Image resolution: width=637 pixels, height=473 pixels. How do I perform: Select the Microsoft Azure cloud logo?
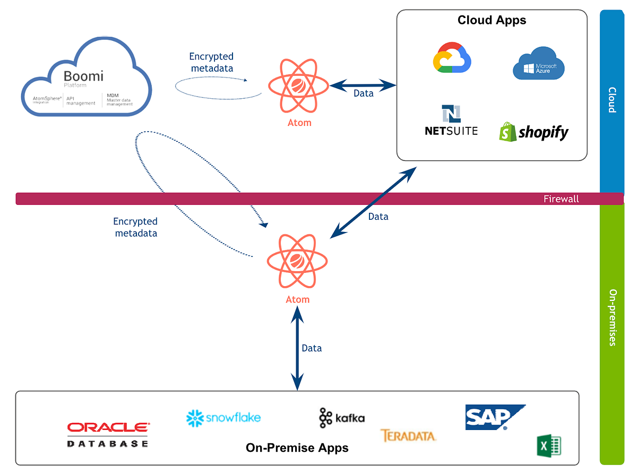pyautogui.click(x=538, y=64)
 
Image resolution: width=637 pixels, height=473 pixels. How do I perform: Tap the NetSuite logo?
pyautogui.click(x=451, y=121)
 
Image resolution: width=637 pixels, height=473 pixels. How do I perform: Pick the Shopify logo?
pyautogui.click(x=533, y=132)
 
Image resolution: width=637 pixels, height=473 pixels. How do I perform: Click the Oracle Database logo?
pyautogui.click(x=108, y=434)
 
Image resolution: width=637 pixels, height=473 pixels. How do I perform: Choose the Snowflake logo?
pyautogui.click(x=223, y=418)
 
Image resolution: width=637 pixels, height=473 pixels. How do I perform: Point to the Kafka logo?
pyautogui.click(x=341, y=418)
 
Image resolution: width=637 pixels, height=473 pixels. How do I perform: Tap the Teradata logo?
pyautogui.click(x=408, y=436)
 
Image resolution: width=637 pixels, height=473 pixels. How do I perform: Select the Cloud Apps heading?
pyautogui.click(x=492, y=21)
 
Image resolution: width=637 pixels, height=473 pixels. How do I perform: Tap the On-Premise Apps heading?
pyautogui.click(x=297, y=448)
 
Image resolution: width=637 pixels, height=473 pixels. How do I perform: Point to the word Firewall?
pyautogui.click(x=561, y=199)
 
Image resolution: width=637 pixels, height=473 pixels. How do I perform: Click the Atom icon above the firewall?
pyautogui.click(x=297, y=87)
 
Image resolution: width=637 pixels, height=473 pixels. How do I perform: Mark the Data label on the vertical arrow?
pyautogui.click(x=312, y=348)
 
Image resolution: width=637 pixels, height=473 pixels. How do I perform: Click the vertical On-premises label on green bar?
pyautogui.click(x=612, y=317)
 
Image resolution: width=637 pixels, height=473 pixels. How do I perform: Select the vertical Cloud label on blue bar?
pyautogui.click(x=612, y=100)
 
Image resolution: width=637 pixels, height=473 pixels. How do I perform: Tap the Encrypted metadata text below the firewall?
pyautogui.click(x=135, y=227)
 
